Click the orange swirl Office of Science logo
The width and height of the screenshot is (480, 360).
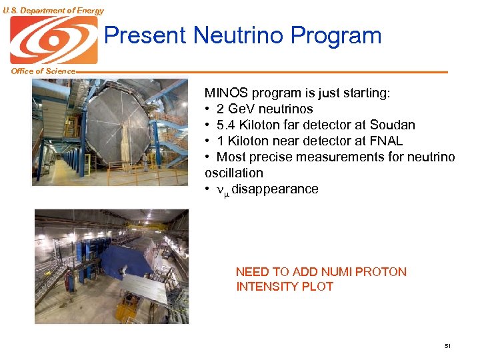coord(53,40)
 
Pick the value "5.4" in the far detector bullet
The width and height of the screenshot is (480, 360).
coord(227,125)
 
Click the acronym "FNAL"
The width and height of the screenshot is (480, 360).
coord(386,141)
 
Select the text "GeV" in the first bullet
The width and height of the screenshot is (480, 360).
coord(240,109)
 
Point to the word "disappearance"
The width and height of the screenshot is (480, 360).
coord(275,189)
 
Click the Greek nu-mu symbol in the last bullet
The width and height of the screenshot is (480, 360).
coord(223,190)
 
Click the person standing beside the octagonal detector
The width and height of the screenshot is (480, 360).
coord(145,161)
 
